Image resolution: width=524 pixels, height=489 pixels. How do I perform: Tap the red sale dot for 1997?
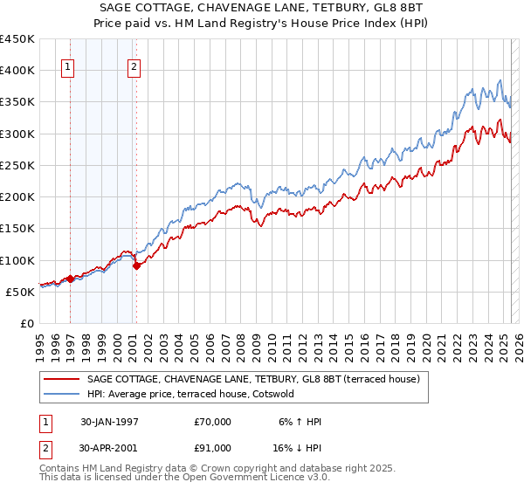[71, 279]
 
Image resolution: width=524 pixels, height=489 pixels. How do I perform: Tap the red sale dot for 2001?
[136, 266]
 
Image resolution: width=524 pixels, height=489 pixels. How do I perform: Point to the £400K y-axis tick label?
[17, 71]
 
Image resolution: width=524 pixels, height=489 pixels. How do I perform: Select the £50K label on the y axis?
[20, 293]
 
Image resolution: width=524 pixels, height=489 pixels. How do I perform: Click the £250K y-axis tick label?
[17, 166]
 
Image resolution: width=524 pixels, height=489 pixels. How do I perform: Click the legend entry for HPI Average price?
[191, 394]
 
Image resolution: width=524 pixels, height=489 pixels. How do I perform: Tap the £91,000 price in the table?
[213, 448]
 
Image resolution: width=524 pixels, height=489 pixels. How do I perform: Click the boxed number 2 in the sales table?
[46, 448]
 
